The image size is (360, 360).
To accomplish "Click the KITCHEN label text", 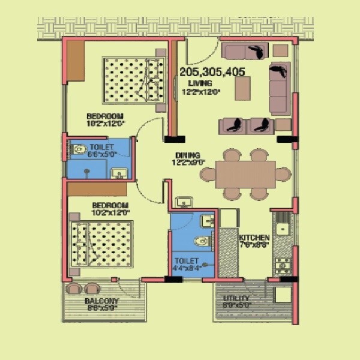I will pyautogui.click(x=254, y=238).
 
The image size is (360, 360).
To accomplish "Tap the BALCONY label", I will pyautogui.click(x=101, y=301).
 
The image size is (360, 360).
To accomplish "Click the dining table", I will pyautogui.click(x=245, y=174).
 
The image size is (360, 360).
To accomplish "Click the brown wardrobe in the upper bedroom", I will pyautogui.click(x=75, y=60).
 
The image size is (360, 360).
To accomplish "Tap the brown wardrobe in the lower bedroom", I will pyautogui.click(x=97, y=189).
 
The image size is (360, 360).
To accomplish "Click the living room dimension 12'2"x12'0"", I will pyautogui.click(x=201, y=92).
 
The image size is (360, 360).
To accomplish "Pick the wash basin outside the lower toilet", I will pyautogui.click(x=183, y=202).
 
